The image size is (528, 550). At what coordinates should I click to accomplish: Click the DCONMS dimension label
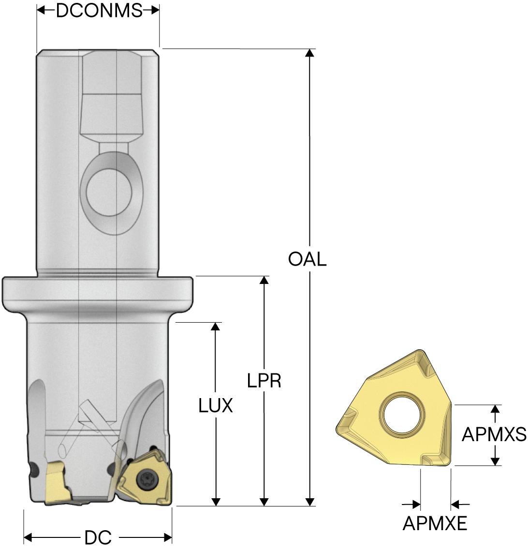[99, 11]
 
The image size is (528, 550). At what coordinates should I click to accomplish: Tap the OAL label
[307, 260]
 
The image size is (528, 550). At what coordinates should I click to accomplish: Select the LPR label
[264, 381]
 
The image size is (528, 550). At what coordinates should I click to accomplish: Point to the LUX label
[216, 406]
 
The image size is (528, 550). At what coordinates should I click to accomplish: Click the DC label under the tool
[98, 537]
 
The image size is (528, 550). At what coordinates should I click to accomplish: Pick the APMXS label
[494, 435]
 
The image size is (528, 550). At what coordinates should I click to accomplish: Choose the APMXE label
[435, 523]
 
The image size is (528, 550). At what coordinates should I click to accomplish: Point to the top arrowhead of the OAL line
[310, 53]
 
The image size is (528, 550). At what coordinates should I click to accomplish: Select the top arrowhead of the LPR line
[264, 280]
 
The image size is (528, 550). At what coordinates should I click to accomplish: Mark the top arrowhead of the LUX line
[216, 326]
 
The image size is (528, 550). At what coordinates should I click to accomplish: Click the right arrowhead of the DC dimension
[168, 537]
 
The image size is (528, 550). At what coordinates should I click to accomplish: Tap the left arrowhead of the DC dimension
[28, 537]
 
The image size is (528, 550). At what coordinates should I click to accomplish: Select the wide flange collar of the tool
[98, 289]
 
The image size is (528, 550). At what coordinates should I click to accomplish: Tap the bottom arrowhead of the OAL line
[310, 502]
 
